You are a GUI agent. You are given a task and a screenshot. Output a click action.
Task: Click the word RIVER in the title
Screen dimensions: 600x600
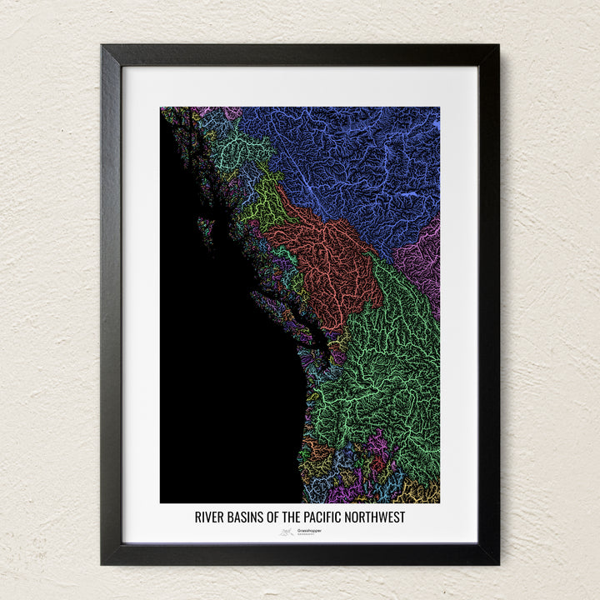coord(210,517)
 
